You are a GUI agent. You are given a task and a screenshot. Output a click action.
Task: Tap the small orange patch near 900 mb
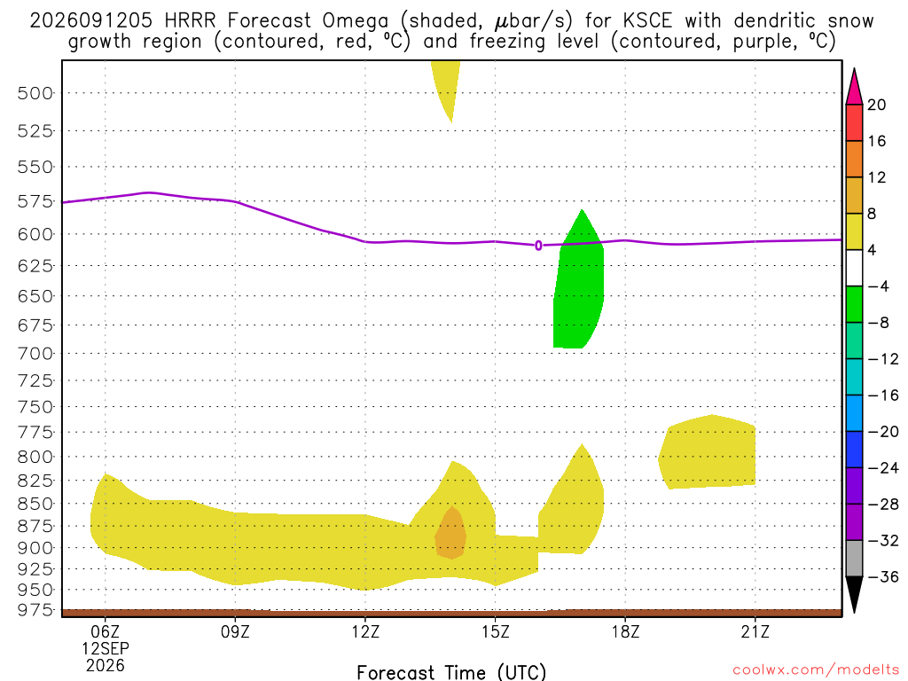tap(451, 533)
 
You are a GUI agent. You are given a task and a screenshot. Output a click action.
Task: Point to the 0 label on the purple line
tap(538, 246)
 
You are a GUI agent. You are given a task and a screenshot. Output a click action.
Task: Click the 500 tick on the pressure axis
tap(35, 92)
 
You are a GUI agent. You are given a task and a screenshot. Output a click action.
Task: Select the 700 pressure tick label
tap(35, 353)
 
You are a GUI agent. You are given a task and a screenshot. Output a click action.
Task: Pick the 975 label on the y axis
tap(35, 610)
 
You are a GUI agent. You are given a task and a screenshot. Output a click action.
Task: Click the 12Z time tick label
tap(365, 631)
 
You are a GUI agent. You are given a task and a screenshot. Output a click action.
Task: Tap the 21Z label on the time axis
tap(755, 631)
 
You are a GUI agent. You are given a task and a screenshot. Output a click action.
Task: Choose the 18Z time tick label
tap(625, 631)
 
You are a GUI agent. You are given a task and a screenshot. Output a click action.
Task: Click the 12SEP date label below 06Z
tap(106, 648)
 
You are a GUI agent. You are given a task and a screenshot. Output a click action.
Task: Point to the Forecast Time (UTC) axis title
tap(451, 672)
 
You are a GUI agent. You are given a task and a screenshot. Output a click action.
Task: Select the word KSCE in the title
tap(648, 21)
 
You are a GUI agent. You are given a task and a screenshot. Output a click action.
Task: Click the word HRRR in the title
tap(190, 21)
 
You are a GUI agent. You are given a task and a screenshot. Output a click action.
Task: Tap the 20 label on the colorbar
tap(877, 105)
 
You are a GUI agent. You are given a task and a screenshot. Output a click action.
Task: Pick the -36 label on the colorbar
tap(883, 576)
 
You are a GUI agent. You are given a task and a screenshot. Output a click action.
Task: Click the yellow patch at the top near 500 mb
tap(447, 87)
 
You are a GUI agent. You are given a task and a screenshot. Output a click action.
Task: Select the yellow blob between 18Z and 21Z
tap(708, 452)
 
